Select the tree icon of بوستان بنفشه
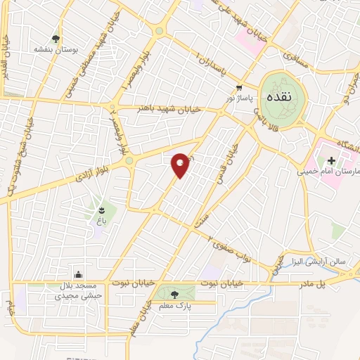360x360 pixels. [56, 39]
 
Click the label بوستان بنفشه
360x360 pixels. [56, 51]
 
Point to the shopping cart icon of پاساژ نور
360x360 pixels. [240, 88]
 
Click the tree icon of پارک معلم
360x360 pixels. [174, 295]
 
